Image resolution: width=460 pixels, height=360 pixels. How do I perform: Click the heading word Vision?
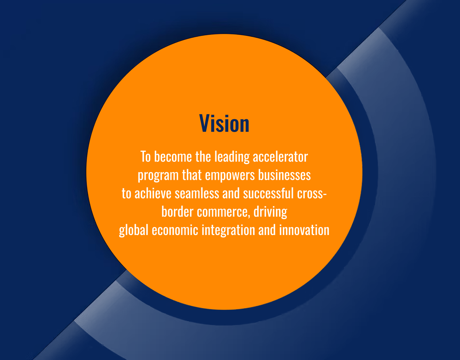[224, 123]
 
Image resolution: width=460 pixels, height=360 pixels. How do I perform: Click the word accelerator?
[280, 157]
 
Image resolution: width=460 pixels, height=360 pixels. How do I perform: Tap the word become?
[173, 157]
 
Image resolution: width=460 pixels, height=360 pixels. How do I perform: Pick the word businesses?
[284, 175]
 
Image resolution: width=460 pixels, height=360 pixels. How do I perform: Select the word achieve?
[153, 193]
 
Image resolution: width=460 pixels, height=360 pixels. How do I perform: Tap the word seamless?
[197, 193]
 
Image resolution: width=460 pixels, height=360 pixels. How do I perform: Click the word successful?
[268, 193]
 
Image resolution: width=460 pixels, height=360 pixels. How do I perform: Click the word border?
[177, 211]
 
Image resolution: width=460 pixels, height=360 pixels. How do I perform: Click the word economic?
[175, 230]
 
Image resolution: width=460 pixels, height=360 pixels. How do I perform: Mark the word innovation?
[304, 230]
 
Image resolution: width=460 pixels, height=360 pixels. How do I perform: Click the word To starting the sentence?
[146, 157]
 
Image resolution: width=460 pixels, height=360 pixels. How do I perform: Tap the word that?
[192, 175]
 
